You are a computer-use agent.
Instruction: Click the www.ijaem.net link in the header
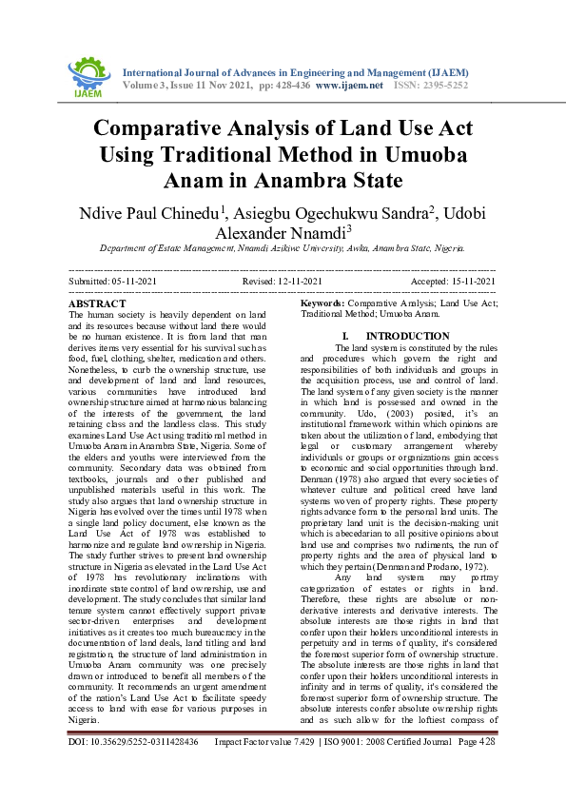[x=348, y=85]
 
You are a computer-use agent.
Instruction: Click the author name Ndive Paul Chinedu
[x=138, y=210]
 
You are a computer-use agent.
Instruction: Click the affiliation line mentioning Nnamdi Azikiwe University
[x=283, y=248]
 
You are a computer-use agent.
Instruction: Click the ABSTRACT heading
[x=97, y=303]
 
